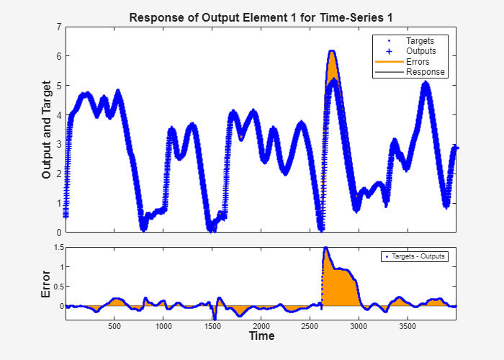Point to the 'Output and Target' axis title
pyautogui.click(x=48, y=130)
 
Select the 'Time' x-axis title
pyautogui.click(x=261, y=336)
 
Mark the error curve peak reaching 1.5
pyautogui.click(x=325, y=248)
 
